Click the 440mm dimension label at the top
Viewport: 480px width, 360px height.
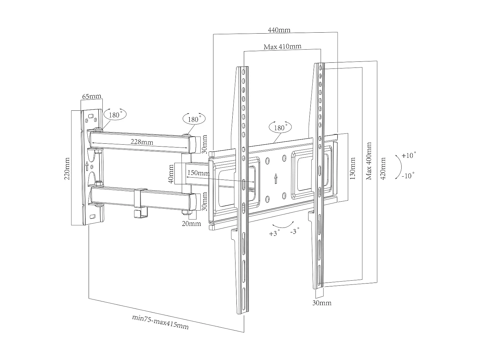point(279,30)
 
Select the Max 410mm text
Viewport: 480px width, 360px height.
point(282,47)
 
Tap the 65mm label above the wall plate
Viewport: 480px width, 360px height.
point(92,96)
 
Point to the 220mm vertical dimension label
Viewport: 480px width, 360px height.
point(67,168)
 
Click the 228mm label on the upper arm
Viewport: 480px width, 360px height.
point(142,142)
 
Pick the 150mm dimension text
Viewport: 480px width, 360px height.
point(198,173)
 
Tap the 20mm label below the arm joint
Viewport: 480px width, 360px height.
point(191,223)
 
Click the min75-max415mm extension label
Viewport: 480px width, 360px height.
point(160,322)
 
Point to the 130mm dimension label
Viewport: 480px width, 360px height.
point(353,168)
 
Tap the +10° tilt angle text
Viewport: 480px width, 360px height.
point(409,156)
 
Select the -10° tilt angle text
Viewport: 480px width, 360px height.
point(408,176)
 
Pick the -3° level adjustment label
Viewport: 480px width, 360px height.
point(295,232)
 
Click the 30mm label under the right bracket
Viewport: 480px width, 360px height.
point(322,303)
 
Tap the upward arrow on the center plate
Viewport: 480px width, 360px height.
point(276,179)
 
